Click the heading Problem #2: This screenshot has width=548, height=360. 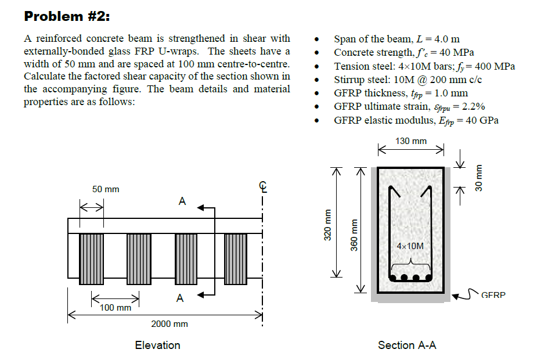(67, 16)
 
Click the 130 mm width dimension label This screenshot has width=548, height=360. (410, 141)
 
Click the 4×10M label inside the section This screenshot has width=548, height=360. (410, 246)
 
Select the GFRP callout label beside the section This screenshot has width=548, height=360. (493, 295)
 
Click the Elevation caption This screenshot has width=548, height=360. (157, 345)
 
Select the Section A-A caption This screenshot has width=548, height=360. (407, 345)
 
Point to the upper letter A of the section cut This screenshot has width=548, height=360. (182, 201)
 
